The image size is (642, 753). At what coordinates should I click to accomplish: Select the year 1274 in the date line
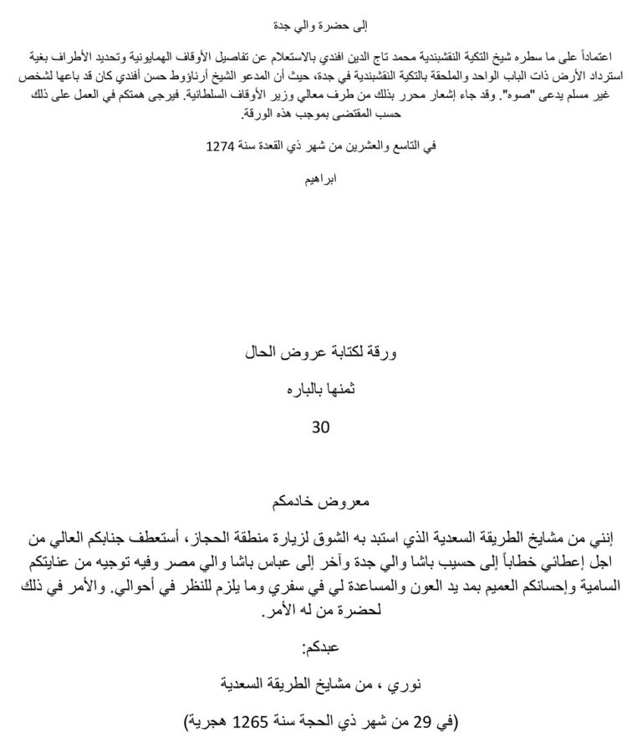(221, 146)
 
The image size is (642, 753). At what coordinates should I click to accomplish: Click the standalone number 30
(321, 427)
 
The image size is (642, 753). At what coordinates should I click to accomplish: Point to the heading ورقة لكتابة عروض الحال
(321, 354)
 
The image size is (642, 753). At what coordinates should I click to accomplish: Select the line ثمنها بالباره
(321, 390)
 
